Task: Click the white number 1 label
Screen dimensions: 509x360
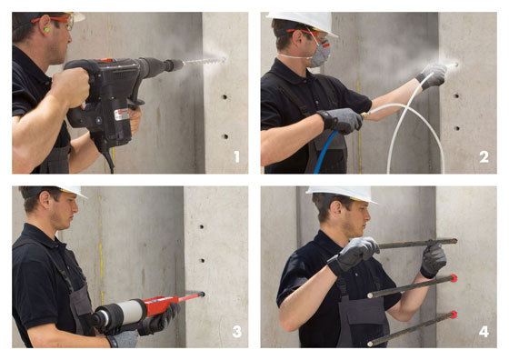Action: [237, 156]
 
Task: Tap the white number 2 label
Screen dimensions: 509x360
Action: [484, 156]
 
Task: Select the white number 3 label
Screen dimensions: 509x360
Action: [236, 332]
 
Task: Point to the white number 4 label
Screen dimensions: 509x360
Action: [484, 332]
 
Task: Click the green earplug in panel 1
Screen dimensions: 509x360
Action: [46, 30]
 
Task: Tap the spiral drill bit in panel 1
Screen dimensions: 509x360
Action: [204, 61]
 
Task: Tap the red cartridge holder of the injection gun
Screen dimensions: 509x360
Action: [162, 305]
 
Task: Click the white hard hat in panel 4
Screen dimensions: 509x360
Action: [343, 194]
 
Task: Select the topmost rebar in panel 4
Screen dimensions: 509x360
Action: [418, 243]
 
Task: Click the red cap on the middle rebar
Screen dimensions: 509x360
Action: [454, 278]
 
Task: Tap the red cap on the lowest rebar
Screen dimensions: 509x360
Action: [454, 315]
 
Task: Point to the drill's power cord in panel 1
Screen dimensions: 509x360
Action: [109, 160]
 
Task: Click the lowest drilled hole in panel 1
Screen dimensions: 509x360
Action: [225, 136]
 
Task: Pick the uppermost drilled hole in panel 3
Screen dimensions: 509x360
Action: [202, 227]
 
